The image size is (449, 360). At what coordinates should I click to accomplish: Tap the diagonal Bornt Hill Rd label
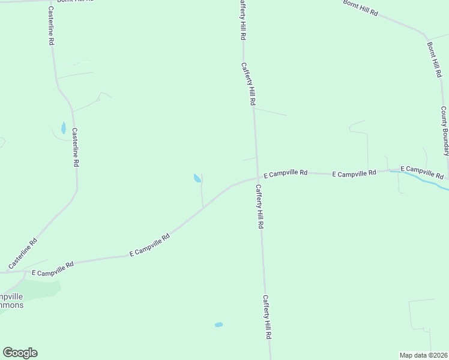coord(360,8)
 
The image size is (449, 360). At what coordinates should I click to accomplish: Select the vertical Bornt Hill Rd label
coord(434,59)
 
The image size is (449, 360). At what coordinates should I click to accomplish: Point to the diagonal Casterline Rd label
coord(23,254)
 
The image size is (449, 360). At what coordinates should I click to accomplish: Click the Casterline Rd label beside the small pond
coord(76,147)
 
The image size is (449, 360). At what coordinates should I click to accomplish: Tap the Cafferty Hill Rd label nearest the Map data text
coord(267,317)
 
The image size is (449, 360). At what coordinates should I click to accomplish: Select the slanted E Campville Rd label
coord(150,245)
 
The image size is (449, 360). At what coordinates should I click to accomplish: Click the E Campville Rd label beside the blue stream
coord(422,173)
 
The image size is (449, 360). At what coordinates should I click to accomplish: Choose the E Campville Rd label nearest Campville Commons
coord(52,268)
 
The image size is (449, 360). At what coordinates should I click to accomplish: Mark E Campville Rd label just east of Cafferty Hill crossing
coord(285,173)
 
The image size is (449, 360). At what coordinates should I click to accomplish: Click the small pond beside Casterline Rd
coord(63,128)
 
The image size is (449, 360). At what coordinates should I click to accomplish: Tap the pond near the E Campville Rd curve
coord(197,178)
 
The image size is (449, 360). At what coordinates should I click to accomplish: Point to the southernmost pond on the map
coord(218,325)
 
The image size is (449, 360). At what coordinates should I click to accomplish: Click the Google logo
coord(20,353)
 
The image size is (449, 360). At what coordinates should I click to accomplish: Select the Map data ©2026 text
coord(423,355)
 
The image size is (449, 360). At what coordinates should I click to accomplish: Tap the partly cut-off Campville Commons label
coord(11,301)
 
